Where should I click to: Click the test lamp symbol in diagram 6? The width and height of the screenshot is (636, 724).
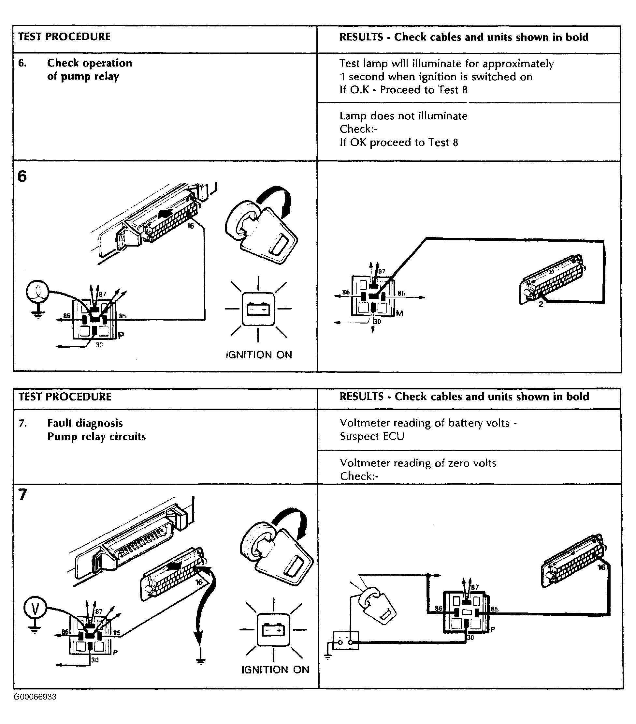(x=37, y=292)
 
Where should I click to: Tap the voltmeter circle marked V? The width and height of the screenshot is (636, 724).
(x=35, y=609)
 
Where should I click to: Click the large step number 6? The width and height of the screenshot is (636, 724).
(x=22, y=176)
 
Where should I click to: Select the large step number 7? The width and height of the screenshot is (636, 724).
(x=22, y=494)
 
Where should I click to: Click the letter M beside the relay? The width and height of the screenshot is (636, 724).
(x=399, y=313)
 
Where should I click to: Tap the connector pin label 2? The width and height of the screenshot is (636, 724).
(x=541, y=304)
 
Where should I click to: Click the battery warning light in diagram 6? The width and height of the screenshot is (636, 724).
(x=258, y=309)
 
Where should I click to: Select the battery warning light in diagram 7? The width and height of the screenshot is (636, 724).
(x=273, y=630)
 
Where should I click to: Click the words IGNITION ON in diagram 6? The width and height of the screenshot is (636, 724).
(x=259, y=355)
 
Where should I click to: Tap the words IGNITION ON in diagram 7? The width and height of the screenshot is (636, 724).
(x=275, y=670)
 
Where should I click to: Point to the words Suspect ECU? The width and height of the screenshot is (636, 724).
(x=372, y=436)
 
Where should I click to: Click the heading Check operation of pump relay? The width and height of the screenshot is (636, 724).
(x=90, y=69)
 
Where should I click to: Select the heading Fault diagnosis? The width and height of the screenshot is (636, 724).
(x=85, y=423)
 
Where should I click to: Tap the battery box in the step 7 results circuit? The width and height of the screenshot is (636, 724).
(x=345, y=641)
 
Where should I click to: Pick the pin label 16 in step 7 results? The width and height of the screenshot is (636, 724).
(x=601, y=567)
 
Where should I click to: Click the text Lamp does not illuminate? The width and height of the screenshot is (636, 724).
(x=403, y=116)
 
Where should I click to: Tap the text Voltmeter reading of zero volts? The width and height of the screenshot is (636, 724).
(x=418, y=463)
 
